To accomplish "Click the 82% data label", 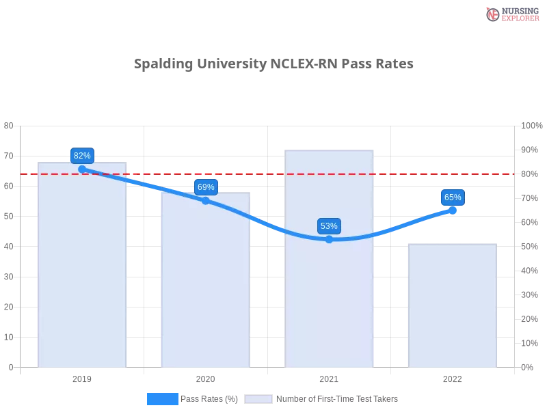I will tap(82, 155).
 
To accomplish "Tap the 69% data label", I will tap(206, 187).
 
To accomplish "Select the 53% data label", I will tap(329, 225).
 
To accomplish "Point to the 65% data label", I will tap(453, 197).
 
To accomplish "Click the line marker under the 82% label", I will tap(82, 169).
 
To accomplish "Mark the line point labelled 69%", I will tap(206, 200).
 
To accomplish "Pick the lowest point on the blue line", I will tap(329, 239).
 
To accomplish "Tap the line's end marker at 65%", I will tap(453, 210).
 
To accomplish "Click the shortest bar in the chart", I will tap(451, 307).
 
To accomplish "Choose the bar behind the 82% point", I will tap(82, 273).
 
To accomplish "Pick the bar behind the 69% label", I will tap(205, 287).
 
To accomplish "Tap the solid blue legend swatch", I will tap(162, 399).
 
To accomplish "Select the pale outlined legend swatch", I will tap(258, 399).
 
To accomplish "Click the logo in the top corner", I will tap(511, 14).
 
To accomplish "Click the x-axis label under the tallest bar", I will tap(329, 377).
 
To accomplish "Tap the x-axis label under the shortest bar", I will tap(453, 377).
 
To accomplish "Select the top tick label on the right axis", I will tap(531, 125).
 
